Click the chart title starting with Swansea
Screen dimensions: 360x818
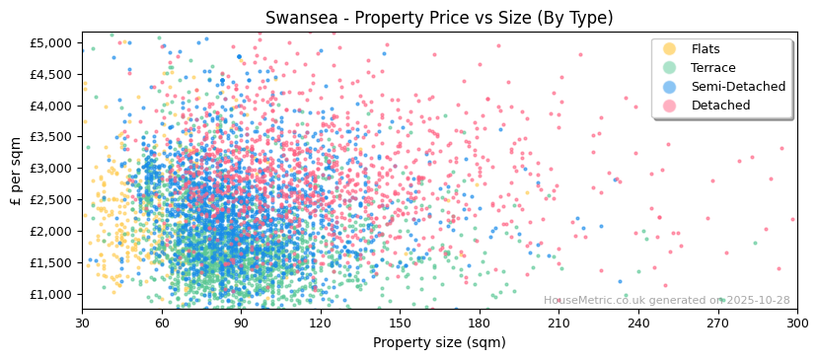[439, 18]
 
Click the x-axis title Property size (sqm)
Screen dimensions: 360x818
[439, 343]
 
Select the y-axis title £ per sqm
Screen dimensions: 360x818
[16, 172]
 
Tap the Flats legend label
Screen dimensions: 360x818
[706, 49]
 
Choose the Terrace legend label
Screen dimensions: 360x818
[711, 68]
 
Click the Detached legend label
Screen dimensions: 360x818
[720, 106]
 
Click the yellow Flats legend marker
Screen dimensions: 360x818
[670, 49]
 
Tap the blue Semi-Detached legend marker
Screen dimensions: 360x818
[670, 87]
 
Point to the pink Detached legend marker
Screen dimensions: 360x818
[670, 106]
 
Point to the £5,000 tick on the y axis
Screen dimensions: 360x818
[51, 42]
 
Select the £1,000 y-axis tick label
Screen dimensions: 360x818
[51, 294]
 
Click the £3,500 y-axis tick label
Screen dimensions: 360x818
[51, 137]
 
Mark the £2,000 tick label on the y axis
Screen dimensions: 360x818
[51, 231]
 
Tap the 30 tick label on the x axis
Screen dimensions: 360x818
[83, 323]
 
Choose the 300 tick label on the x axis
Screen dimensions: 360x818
[797, 323]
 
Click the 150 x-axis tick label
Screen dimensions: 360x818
[401, 323]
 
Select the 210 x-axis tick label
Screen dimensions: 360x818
[559, 323]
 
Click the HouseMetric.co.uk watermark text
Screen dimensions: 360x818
[666, 301]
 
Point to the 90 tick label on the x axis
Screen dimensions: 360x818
[242, 323]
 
